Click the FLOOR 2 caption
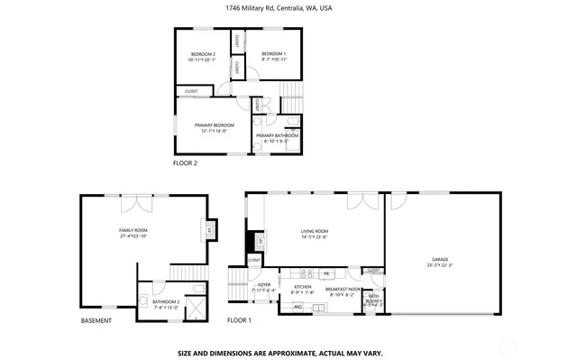[185, 163]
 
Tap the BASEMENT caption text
[96, 321]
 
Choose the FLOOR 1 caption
[239, 321]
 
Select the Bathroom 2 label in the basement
[166, 303]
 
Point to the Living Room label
[315, 233]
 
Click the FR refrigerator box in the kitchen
[325, 273]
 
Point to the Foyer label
[265, 287]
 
